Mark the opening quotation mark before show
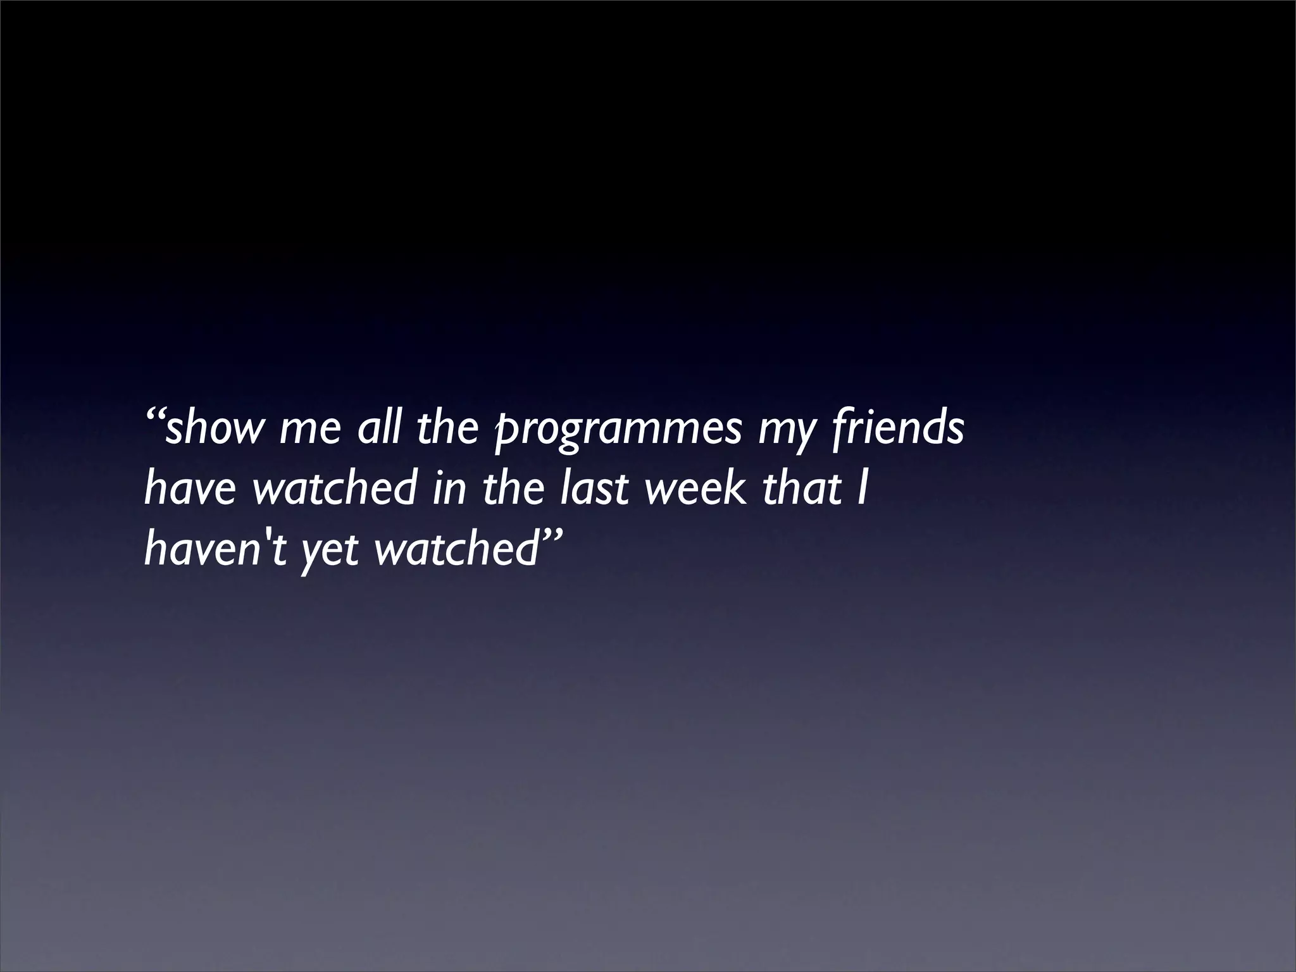[154, 416]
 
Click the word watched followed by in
[335, 489]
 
